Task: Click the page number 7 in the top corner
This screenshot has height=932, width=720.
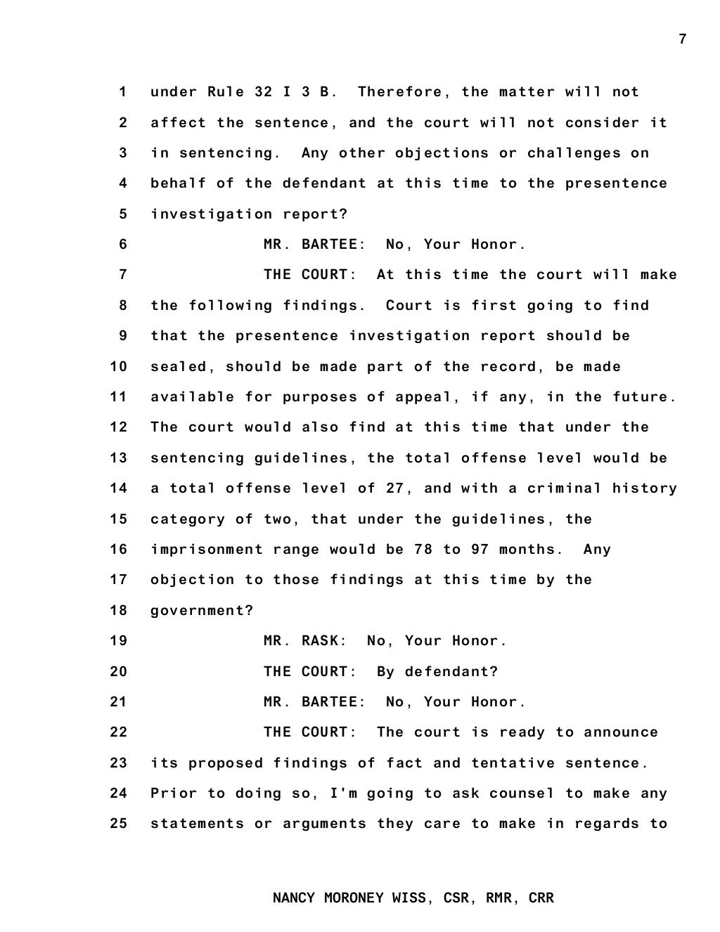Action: (x=682, y=39)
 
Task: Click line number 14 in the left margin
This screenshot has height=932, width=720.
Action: (x=119, y=488)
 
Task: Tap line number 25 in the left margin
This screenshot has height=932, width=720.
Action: (x=119, y=824)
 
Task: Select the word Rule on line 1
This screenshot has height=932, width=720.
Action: (x=226, y=92)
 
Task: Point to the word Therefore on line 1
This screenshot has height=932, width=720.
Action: (x=400, y=92)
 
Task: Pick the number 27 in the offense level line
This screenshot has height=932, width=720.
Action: (x=395, y=488)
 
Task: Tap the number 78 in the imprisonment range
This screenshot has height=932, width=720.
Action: (x=423, y=550)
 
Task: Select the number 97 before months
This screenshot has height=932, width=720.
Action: (x=480, y=550)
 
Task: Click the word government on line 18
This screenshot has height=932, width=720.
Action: (x=202, y=611)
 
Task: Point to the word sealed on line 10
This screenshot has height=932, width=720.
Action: (x=179, y=367)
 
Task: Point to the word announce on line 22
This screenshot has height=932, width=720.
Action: (x=621, y=732)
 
